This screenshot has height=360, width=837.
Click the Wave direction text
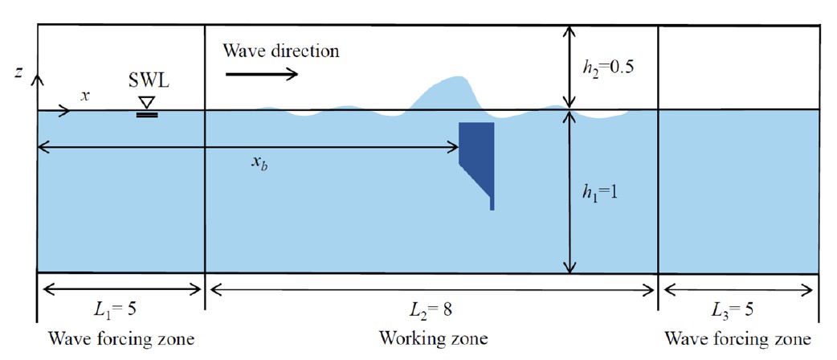pyautogui.click(x=281, y=51)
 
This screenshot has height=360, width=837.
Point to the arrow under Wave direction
pyautogui.click(x=262, y=74)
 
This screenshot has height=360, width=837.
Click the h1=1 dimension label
pyautogui.click(x=599, y=194)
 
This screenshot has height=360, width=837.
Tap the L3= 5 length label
pyautogui.click(x=737, y=311)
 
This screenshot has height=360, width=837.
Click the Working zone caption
pyautogui.click(x=434, y=338)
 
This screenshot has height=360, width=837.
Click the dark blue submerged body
pyautogui.click(x=480, y=155)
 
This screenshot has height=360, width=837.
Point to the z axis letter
pyautogui.click(x=18, y=74)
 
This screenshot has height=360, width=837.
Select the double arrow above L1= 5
pyautogui.click(x=122, y=289)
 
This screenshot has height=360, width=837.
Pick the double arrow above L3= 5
pyautogui.click(x=739, y=289)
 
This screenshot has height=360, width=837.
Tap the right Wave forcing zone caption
pyautogui.click(x=737, y=338)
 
